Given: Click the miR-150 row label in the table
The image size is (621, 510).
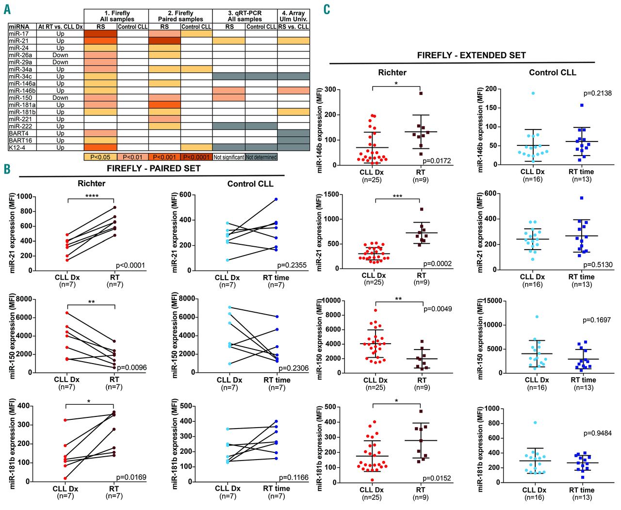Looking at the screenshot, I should (x=19, y=97).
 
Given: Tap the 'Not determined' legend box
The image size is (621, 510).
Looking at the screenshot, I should (x=261, y=157).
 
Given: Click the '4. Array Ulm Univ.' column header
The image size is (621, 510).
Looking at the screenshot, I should (x=294, y=16).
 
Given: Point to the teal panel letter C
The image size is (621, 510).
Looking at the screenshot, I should (x=327, y=9).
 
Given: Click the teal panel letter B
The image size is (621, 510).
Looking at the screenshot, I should (x=7, y=169).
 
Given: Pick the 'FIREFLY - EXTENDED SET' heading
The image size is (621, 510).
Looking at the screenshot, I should (x=471, y=55).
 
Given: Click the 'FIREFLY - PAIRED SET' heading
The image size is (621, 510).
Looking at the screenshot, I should (x=153, y=168).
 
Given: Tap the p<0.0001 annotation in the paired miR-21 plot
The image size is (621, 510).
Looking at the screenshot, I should (x=131, y=265).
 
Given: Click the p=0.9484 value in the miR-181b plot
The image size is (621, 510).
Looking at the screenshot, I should (x=597, y=433).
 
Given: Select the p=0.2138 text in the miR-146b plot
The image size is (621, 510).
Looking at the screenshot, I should (x=598, y=93).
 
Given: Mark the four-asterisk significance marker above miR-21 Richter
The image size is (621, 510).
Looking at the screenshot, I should (x=92, y=196).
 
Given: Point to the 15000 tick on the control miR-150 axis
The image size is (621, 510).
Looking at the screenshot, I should (x=492, y=301).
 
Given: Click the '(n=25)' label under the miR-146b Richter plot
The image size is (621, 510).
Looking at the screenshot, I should (x=372, y=180).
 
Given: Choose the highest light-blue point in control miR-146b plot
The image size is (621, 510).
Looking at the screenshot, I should (x=533, y=93).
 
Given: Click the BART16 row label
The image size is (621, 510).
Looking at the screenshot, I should (x=20, y=140).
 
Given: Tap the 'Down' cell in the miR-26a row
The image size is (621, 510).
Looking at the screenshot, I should (x=60, y=55).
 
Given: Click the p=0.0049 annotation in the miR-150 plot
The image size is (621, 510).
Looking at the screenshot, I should (x=438, y=309).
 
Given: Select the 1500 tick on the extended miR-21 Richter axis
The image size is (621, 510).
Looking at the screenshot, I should (x=331, y=194).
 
